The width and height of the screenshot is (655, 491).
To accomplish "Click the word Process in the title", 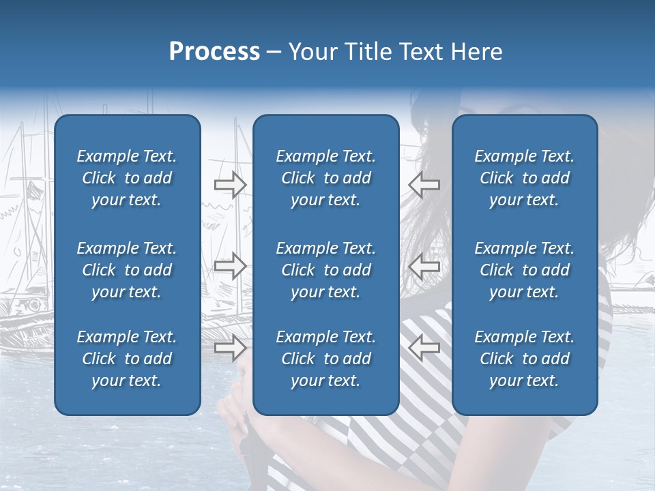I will [214, 52].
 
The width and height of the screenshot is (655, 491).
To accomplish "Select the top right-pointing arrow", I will [230, 184].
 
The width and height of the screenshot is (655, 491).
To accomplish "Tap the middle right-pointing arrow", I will [230, 266].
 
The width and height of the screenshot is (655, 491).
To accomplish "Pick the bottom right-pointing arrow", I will [230, 348].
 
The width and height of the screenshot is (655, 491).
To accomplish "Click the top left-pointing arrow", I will [424, 184].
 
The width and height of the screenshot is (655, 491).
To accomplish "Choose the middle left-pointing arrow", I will [424, 266].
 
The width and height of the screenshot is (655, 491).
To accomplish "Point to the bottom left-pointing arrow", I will [424, 348].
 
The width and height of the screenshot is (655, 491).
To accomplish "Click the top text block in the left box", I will [127, 178].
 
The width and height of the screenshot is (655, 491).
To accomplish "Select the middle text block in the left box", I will [127, 270].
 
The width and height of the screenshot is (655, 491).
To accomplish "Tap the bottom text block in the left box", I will [127, 359].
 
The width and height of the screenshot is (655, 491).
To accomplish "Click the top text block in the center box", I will [326, 178].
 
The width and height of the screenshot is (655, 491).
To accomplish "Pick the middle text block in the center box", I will [326, 270].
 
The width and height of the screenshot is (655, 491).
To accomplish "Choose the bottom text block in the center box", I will [326, 359].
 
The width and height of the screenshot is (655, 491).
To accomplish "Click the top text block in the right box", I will [525, 178].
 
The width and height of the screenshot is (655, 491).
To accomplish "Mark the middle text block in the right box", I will [525, 270].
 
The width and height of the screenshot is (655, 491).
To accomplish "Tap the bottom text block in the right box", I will [525, 359].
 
